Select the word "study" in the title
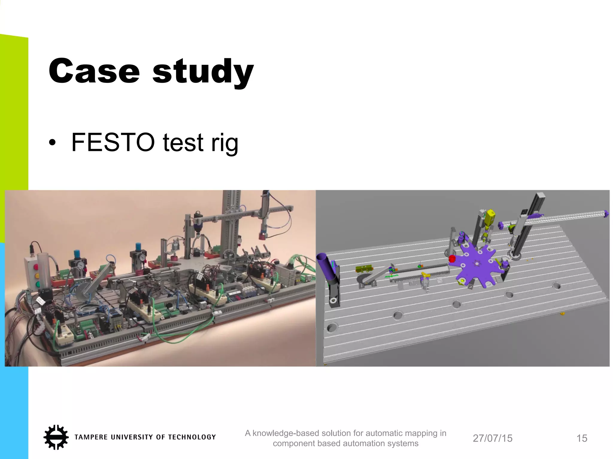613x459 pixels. pos(203,72)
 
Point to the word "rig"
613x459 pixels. pos(224,143)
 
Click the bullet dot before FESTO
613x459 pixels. pos(52,143)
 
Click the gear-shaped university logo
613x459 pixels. pos(56,437)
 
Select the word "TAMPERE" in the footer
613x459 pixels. pos(91,437)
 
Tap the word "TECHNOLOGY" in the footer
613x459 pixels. pos(192,437)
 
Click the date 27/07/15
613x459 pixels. pos(492,438)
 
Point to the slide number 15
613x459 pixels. pos(582,438)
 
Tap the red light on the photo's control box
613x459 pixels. pos(36,267)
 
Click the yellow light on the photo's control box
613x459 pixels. pos(37,275)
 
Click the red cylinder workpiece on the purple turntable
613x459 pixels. pos(452,258)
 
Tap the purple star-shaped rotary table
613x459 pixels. pos(476,265)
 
